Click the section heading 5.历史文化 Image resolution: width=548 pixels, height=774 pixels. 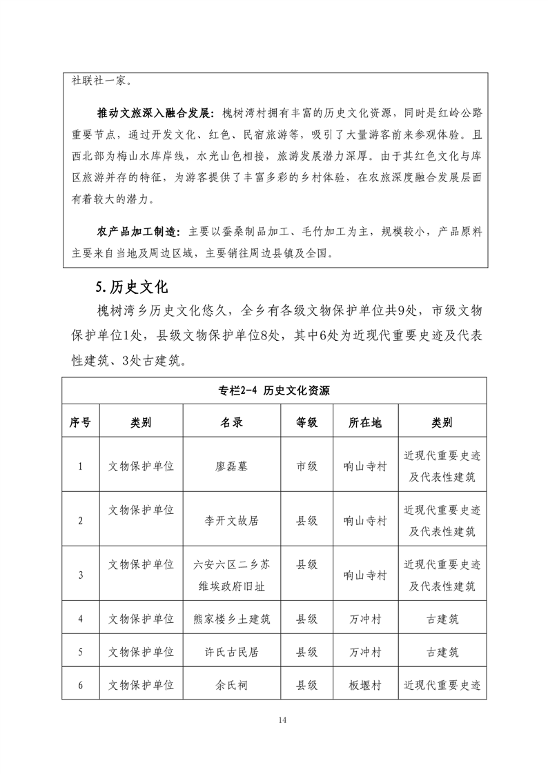click(131, 285)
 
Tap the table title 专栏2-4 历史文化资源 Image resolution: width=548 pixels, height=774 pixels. click(274, 390)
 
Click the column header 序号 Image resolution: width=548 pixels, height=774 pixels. click(80, 422)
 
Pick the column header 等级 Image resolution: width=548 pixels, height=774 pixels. click(306, 422)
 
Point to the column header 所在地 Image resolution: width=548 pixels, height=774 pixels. click(365, 422)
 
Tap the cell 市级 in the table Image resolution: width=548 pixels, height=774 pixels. click(306, 466)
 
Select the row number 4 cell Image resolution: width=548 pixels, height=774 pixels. click(80, 619)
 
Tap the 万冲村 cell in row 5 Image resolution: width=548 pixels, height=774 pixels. click(365, 652)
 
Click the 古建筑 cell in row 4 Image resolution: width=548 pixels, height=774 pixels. click(442, 619)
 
